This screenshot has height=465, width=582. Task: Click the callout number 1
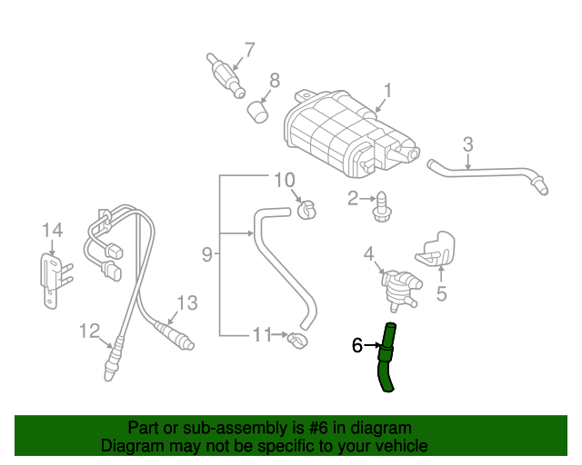(387, 91)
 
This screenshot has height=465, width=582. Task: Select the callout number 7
(248, 50)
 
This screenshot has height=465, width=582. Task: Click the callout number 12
(88, 330)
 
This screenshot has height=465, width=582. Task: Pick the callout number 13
(186, 302)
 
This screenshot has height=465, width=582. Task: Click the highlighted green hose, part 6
(386, 363)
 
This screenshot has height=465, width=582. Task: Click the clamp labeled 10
(307, 211)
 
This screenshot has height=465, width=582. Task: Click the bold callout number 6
(357, 345)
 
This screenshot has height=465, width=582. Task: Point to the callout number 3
(467, 143)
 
